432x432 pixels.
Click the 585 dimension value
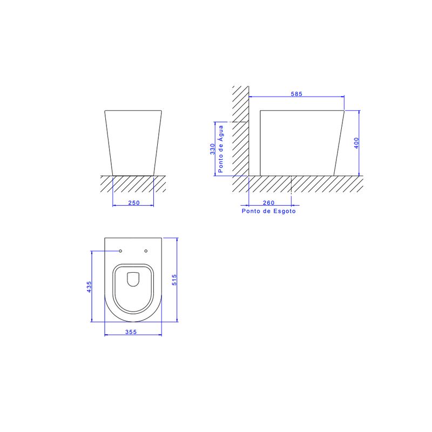click(296, 94)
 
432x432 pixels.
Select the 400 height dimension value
click(356, 143)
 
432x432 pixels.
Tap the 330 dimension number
click(212, 149)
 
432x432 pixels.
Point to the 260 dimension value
click(268, 203)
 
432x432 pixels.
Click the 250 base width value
click(134, 203)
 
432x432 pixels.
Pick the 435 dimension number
click(89, 287)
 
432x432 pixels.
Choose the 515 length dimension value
click(174, 280)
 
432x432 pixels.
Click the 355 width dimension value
click(131, 332)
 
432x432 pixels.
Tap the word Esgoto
click(285, 211)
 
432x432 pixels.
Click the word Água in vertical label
click(221, 133)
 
